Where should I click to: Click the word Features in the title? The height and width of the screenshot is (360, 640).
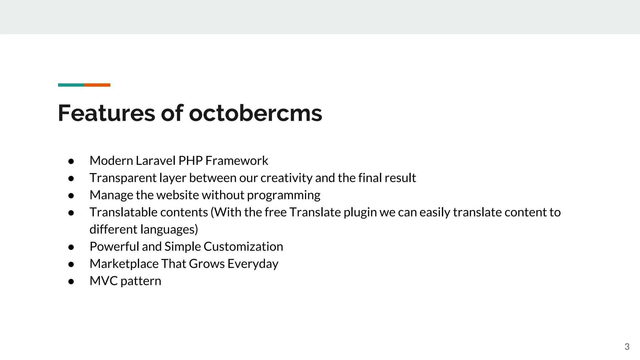coord(106,113)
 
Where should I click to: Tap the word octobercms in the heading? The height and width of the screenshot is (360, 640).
coord(255,113)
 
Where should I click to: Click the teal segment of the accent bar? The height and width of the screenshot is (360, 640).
coord(71,85)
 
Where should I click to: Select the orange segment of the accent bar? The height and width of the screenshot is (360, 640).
coord(97,85)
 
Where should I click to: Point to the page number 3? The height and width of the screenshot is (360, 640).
coord(627,347)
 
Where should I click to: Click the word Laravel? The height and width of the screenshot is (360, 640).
coord(156,161)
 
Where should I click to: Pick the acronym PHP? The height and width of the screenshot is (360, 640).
coord(190,161)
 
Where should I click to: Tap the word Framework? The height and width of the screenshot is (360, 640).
coord(237,161)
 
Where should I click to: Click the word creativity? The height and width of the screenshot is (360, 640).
coord(286,178)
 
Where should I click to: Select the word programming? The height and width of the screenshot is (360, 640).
coord(283,195)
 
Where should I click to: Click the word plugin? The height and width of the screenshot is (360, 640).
coord(360,212)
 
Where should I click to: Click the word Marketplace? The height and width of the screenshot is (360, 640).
coord(124,264)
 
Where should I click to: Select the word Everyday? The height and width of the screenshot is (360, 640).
coord(252,264)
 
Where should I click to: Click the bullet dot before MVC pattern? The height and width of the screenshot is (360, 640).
coord(71,281)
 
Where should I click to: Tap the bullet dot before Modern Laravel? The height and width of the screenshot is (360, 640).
coord(71,161)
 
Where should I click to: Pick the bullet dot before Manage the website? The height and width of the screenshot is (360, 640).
coord(71,196)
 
